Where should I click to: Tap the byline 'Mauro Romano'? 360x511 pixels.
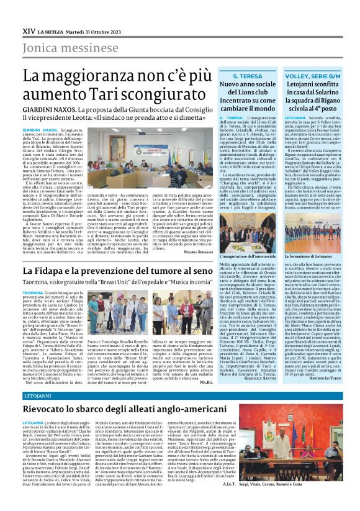click(197, 252)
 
